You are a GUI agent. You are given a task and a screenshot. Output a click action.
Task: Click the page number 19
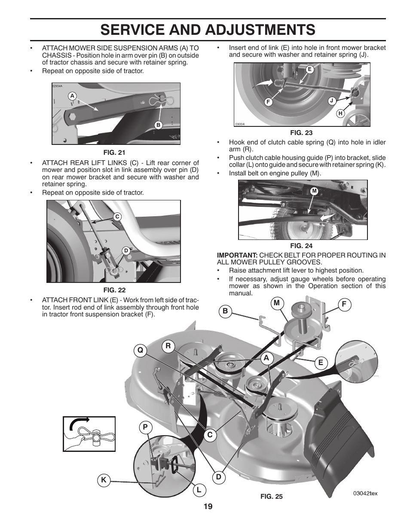208,506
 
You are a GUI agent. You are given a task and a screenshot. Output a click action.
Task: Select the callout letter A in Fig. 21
73,96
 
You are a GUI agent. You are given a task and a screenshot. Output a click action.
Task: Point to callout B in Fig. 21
158,125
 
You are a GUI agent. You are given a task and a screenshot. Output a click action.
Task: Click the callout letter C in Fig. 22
116,217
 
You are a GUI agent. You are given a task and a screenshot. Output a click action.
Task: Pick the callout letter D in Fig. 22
126,250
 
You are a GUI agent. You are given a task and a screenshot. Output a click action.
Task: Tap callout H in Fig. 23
340,114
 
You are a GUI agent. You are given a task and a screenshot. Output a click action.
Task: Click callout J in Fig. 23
331,101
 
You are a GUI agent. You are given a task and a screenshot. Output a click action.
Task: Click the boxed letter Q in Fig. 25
140,350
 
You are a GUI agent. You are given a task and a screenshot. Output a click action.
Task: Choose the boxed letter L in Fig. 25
199,490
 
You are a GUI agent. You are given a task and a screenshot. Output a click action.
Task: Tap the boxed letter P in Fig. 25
145,427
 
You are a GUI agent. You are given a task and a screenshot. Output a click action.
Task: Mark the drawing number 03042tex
365,494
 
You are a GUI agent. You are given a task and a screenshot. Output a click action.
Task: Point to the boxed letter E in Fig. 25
320,363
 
